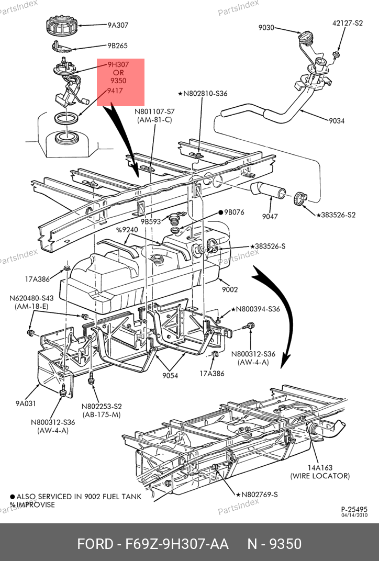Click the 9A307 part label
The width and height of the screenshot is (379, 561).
click(118, 25)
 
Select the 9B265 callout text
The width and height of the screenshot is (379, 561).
click(117, 46)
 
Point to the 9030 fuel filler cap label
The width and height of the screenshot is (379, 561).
click(266, 28)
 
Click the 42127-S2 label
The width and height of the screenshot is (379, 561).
click(348, 23)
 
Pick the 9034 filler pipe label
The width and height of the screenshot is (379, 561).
click(337, 121)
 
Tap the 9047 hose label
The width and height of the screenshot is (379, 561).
click(270, 216)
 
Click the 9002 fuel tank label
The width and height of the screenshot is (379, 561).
click(230, 289)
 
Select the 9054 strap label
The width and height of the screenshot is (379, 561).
click(170, 375)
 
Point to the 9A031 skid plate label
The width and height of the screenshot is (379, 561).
click(26, 403)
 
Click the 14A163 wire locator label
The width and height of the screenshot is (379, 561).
click(320, 468)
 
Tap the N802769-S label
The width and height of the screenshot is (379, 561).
click(260, 495)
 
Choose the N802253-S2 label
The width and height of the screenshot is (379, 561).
click(102, 407)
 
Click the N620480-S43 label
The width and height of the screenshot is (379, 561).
click(31, 298)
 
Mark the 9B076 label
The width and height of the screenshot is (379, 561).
click(234, 212)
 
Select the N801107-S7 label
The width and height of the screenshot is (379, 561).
click(154, 111)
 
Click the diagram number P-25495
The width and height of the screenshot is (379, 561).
click(354, 509)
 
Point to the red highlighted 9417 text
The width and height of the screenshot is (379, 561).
click(115, 91)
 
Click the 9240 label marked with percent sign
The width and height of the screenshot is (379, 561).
click(127, 230)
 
